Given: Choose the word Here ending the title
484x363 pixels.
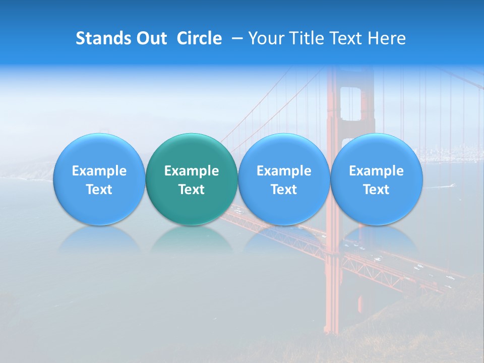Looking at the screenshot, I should tap(387, 38).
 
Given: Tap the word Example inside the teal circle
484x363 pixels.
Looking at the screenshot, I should tap(191, 171).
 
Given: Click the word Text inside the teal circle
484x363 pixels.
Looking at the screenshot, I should tap(191, 190).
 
